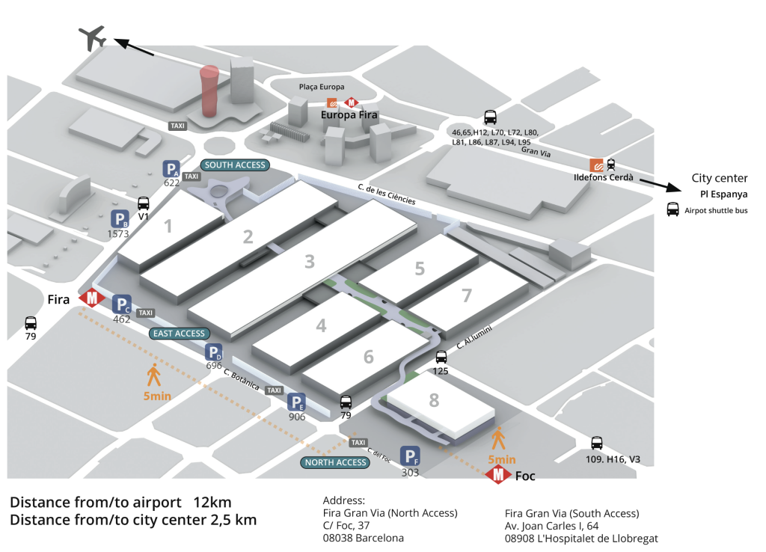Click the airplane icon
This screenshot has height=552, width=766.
(x=92, y=37)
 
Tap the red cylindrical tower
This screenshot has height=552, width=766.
(x=210, y=93)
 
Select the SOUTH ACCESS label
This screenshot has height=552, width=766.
(x=234, y=165)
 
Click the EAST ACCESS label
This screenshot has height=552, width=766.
(x=179, y=334)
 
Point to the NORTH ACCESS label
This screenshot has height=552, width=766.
(x=336, y=462)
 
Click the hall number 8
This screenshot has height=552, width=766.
(x=434, y=400)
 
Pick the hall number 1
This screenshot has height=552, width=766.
(x=168, y=225)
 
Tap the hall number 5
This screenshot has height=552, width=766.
(x=420, y=269)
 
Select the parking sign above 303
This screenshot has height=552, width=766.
(x=410, y=456)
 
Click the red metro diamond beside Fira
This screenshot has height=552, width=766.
(x=92, y=298)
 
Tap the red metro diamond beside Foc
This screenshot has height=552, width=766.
(x=498, y=475)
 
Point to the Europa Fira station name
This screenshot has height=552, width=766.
(x=349, y=116)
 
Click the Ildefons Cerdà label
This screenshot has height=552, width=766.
(x=603, y=177)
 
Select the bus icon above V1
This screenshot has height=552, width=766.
(x=144, y=203)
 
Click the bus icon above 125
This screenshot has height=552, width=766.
(x=441, y=358)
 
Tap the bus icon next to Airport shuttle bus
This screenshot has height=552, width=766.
(x=672, y=210)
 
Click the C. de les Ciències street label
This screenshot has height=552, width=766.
(x=386, y=196)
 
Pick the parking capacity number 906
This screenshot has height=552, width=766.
(x=298, y=417)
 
